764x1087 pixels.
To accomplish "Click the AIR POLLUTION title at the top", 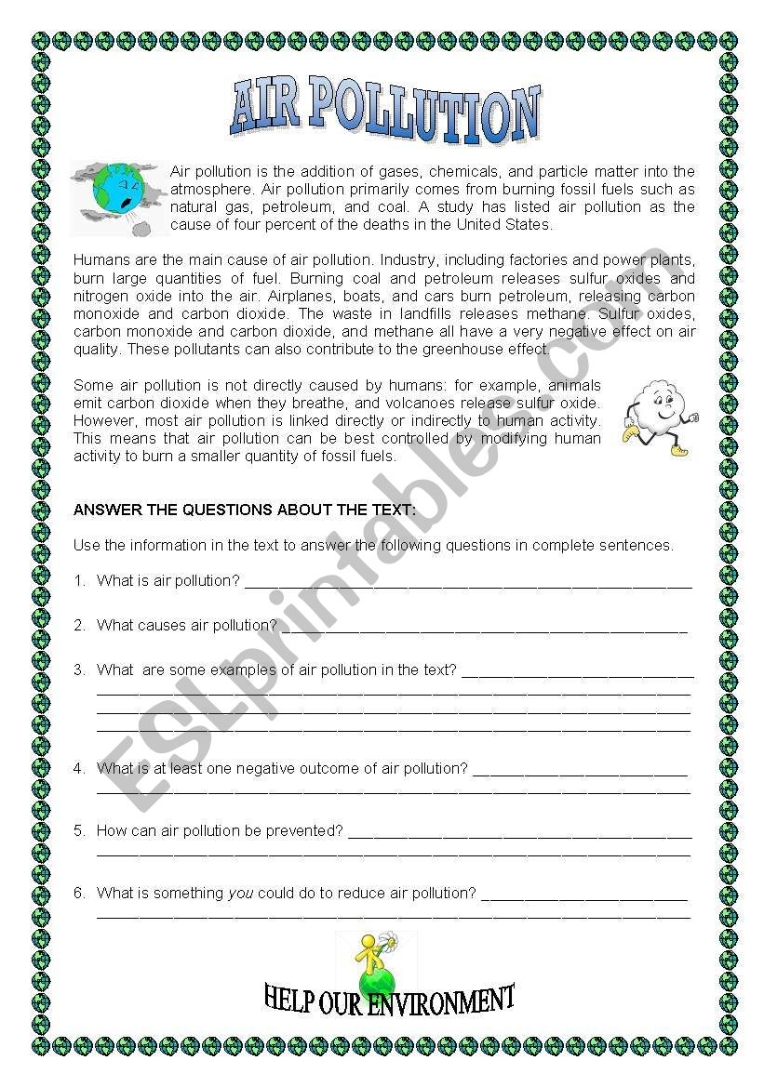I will pos(384,113).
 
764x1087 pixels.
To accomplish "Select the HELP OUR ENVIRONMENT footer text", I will pos(389,1001).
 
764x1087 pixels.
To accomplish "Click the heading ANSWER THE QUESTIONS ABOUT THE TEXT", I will pos(244,510).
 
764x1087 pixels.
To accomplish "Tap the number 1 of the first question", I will pos(79,581).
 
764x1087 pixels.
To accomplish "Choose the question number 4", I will pos(79,769).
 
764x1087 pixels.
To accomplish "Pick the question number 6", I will pos(79,894).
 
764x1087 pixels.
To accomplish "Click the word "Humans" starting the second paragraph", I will pos(98,260).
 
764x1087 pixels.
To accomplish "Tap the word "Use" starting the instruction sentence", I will pos(85,546).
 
